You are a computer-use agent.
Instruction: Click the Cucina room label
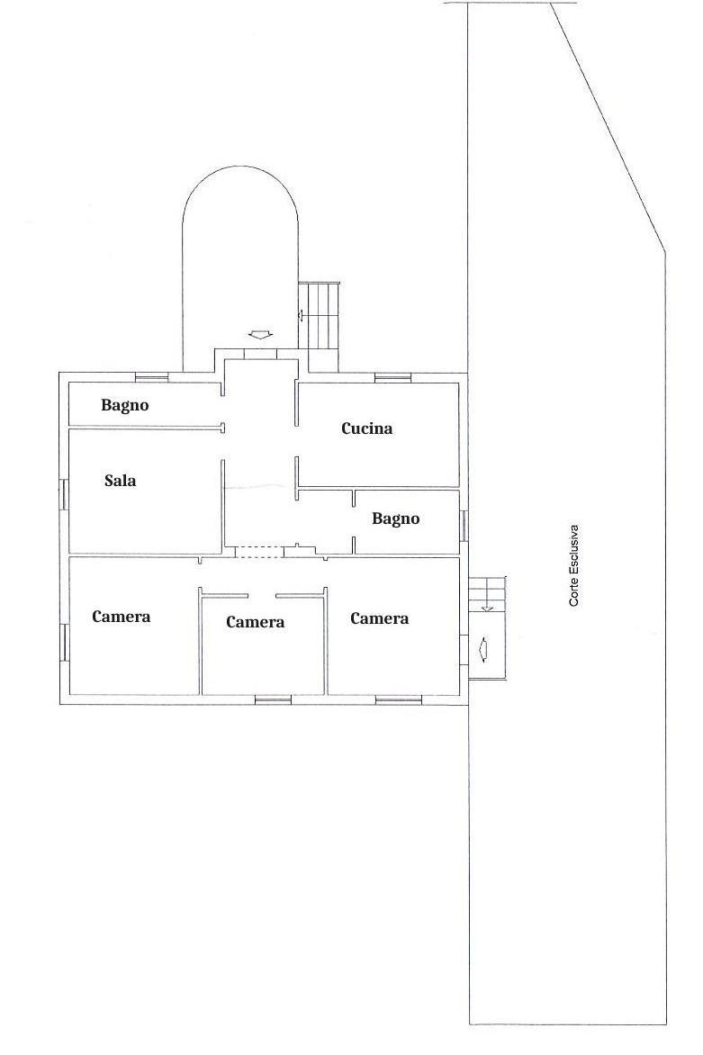[366, 428]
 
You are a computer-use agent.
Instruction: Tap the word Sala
[121, 481]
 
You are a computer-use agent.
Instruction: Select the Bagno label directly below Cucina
[395, 518]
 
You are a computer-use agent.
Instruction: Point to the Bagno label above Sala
[125, 405]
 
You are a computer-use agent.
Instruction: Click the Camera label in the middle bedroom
[255, 622]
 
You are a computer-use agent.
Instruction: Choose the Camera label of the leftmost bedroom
[122, 617]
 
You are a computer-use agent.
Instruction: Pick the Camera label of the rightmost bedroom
[380, 619]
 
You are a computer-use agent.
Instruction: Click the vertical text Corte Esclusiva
[574, 565]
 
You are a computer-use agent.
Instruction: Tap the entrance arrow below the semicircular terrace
[259, 334]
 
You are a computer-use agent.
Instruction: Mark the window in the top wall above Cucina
[392, 377]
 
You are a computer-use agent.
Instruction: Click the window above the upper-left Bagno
[151, 377]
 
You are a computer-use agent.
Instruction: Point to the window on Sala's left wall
[64, 494]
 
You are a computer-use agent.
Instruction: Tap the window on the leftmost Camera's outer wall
[64, 642]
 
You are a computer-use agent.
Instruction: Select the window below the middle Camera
[273, 699]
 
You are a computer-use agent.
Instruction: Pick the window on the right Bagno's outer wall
[464, 526]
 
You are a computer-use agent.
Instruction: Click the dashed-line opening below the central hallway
[259, 553]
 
